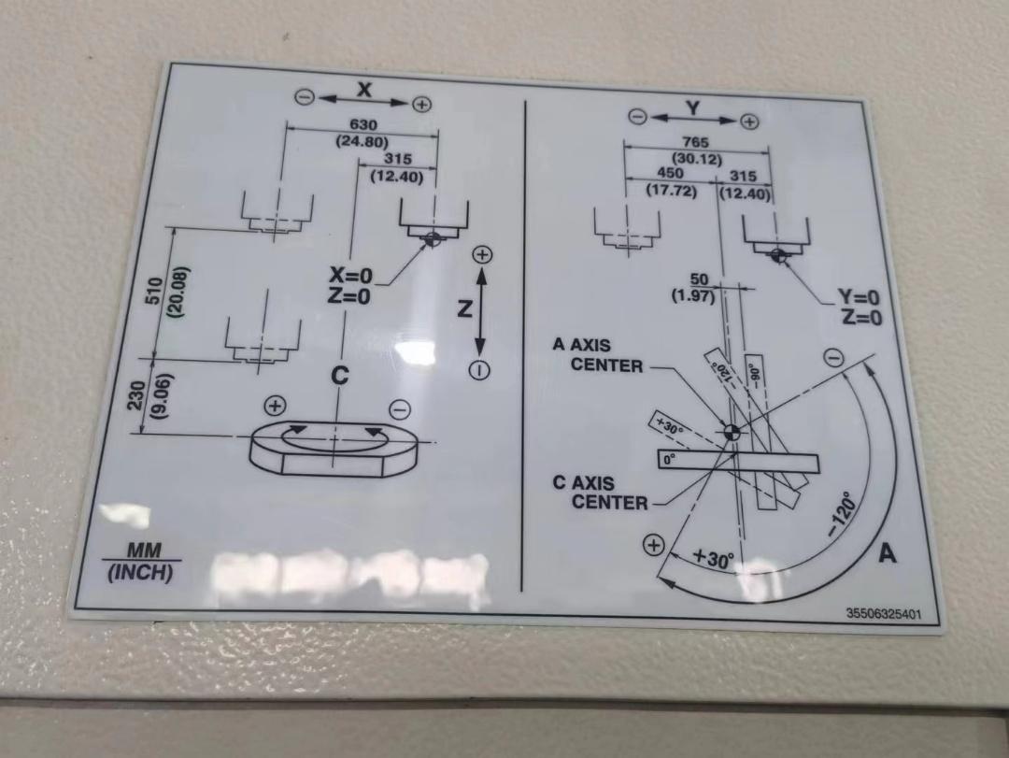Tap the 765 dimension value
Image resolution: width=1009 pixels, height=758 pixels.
[x=696, y=142]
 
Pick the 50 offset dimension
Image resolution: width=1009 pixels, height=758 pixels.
[x=699, y=279]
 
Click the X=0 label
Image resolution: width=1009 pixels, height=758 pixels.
[x=351, y=276]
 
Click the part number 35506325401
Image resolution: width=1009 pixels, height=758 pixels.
[x=883, y=614]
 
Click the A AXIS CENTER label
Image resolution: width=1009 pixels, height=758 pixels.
[x=597, y=355]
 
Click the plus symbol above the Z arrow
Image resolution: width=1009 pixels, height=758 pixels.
[x=481, y=254]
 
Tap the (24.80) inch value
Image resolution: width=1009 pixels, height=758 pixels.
[x=362, y=142]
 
